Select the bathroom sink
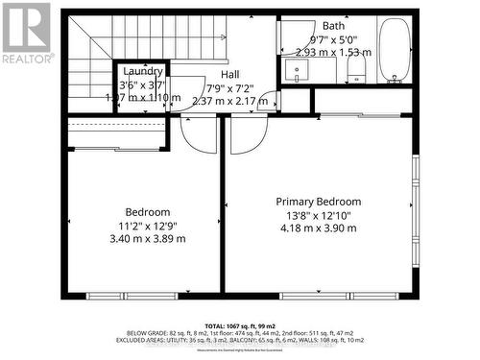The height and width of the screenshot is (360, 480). click(x=296, y=71)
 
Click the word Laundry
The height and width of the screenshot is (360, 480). click(x=143, y=71)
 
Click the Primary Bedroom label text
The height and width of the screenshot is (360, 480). click(x=319, y=202)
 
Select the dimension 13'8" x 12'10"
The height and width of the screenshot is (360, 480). click(x=319, y=215)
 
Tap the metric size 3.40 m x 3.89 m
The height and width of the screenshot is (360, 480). click(x=148, y=238)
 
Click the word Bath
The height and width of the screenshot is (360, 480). click(x=333, y=26)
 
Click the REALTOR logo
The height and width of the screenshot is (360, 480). click(x=25, y=33)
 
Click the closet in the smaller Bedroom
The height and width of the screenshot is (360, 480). click(x=115, y=134)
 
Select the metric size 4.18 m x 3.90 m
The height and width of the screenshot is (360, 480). click(x=319, y=228)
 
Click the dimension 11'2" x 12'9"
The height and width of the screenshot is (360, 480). click(x=148, y=225)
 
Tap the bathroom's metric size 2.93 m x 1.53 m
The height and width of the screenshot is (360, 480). click(x=333, y=53)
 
